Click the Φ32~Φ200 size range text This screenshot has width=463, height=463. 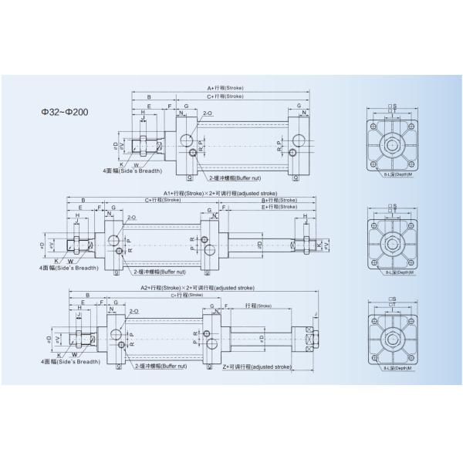[x=66, y=111]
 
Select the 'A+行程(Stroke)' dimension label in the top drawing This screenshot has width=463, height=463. [x=225, y=88]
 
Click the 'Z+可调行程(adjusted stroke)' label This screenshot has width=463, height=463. [x=257, y=368]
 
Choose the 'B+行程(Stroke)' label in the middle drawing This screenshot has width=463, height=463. [x=279, y=199]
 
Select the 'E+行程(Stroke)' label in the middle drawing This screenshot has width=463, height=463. [x=279, y=207]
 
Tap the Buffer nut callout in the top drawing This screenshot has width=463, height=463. [x=231, y=166]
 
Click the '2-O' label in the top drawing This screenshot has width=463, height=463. [x=208, y=113]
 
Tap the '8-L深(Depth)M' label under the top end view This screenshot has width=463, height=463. [x=397, y=176]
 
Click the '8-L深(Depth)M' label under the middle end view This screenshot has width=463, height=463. [x=397, y=272]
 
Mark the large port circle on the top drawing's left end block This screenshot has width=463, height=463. [x=187, y=140]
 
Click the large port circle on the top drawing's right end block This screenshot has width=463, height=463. [x=298, y=140]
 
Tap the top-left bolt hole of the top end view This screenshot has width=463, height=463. [x=375, y=127]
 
